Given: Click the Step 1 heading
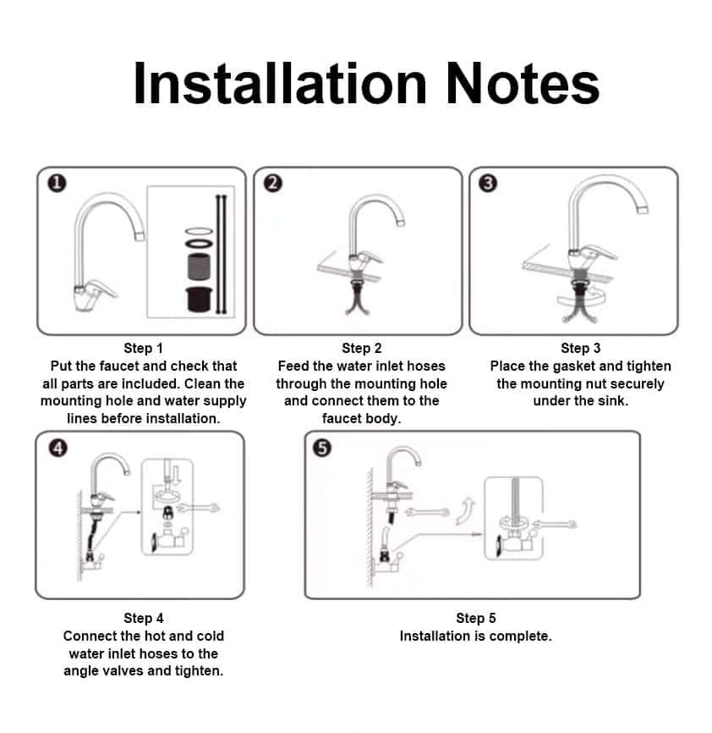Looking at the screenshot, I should click(143, 348).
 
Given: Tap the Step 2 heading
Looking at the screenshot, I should click(361, 348).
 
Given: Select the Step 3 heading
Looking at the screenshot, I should click(580, 348).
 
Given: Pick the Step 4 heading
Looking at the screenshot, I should click(143, 618).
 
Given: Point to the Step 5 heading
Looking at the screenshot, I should click(475, 618).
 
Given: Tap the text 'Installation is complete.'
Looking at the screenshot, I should click(475, 636).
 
